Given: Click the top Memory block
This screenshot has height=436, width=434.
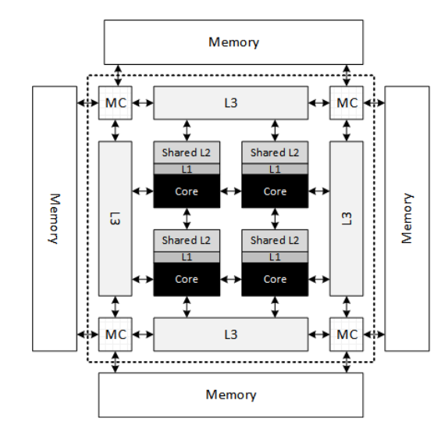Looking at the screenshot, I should [233, 41].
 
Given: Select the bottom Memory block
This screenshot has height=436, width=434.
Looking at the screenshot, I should [230, 395].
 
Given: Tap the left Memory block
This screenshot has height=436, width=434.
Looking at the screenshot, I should [54, 218].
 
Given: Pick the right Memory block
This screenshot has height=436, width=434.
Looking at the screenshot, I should [407, 218].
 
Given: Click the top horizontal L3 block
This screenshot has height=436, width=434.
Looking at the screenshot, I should [230, 102].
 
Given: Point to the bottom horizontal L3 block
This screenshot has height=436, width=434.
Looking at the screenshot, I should [230, 334].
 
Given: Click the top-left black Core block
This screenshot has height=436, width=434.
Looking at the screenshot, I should [186, 191].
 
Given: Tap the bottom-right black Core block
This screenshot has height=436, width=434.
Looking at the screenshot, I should [274, 279].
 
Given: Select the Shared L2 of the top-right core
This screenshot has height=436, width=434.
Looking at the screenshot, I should [274, 152].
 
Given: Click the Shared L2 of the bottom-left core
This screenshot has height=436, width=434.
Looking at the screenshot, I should [186, 240].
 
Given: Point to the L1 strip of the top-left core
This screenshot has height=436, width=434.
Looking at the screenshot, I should [186, 169].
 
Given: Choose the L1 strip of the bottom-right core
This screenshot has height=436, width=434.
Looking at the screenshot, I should [274, 256].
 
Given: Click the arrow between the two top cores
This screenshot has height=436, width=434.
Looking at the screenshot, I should [230, 190].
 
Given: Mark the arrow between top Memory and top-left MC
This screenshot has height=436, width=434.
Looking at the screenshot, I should [116, 77].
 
